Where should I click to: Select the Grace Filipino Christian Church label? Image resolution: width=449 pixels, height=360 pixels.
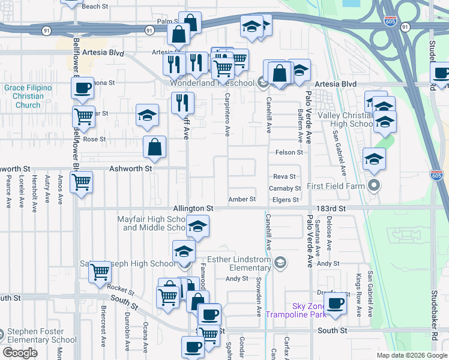[29, 97]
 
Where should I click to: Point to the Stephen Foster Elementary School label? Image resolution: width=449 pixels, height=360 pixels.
[42, 336]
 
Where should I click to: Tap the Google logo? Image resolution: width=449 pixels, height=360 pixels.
[20, 353]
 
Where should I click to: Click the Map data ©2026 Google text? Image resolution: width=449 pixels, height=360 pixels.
[412, 355]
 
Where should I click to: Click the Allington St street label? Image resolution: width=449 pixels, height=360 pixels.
[194, 208]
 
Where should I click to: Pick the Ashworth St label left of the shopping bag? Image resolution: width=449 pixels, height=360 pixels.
[130, 169]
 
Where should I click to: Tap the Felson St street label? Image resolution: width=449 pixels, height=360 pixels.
[289, 152]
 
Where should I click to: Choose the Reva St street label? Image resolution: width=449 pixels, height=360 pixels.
[285, 176]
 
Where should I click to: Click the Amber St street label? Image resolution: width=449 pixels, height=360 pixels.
[243, 199]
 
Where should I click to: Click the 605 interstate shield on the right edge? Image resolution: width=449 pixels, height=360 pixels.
[437, 175]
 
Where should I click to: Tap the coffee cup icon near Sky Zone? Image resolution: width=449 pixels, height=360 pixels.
[336, 303]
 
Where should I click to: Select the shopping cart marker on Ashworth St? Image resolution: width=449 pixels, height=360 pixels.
[81, 182]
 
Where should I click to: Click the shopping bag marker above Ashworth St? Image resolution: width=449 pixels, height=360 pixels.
[155, 146]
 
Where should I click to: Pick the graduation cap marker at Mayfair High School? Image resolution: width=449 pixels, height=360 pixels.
[197, 227]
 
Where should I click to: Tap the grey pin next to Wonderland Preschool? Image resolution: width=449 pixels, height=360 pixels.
[262, 83]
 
